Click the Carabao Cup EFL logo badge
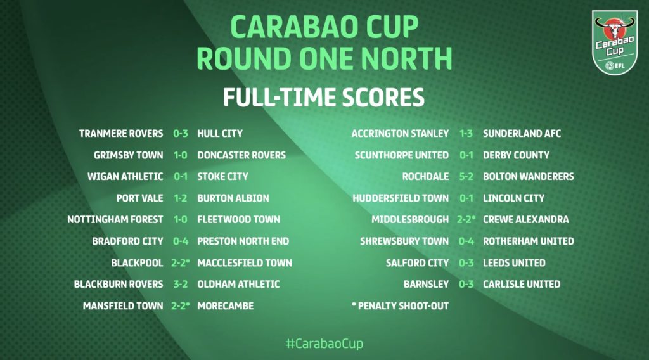coord(615,42)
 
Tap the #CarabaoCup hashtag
coord(324,344)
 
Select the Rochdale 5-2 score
coord(466,177)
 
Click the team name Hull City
coord(220,134)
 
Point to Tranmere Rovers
coord(121,134)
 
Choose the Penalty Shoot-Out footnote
coord(400,305)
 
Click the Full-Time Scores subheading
coord(324,97)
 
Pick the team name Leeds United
coord(514,263)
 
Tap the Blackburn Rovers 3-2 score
coord(181,285)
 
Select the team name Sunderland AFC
coord(522,134)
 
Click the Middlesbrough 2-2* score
coord(466,220)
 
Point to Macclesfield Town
coord(245,263)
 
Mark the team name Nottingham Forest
coord(115,220)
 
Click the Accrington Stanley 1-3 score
coord(466,134)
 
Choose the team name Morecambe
coord(226,305)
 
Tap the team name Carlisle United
coord(522,285)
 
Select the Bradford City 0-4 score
coord(181,241)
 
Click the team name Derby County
coord(516,155)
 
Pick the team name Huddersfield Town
coord(401,198)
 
